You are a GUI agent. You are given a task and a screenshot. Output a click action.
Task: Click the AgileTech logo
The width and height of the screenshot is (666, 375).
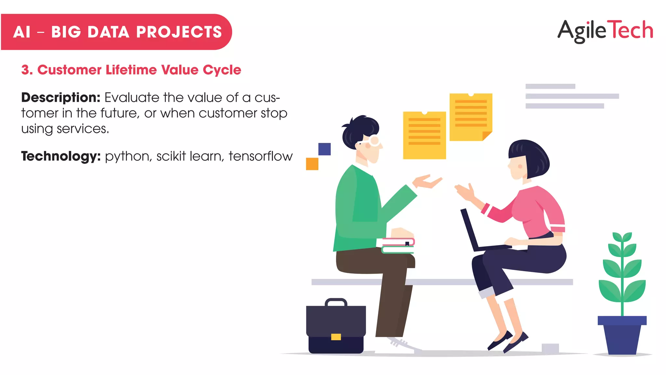pyautogui.click(x=605, y=31)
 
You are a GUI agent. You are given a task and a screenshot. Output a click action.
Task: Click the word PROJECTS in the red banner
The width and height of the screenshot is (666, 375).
pyautogui.click(x=179, y=32)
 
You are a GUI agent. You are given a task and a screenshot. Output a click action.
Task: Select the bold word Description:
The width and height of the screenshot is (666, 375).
pyautogui.click(x=60, y=98)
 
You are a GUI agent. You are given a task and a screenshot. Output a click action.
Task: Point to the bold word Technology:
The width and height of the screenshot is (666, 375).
pyautogui.click(x=61, y=156)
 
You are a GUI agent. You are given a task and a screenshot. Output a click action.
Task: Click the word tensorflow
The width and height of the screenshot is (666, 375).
pyautogui.click(x=260, y=156)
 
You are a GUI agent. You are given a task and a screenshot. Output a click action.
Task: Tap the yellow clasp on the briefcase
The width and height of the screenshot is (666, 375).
pyautogui.click(x=336, y=337)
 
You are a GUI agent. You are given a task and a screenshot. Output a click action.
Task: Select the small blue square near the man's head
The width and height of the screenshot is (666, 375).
pyautogui.click(x=324, y=149)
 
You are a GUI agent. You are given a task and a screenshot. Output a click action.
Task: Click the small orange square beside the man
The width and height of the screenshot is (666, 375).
pyautogui.click(x=312, y=164)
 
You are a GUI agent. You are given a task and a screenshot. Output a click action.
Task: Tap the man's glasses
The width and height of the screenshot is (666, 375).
pyautogui.click(x=372, y=141)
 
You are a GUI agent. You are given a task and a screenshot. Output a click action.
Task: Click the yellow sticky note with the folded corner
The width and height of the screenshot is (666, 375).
pyautogui.click(x=471, y=117)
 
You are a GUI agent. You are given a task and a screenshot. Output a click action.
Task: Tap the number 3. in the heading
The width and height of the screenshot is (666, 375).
pyautogui.click(x=27, y=70)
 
